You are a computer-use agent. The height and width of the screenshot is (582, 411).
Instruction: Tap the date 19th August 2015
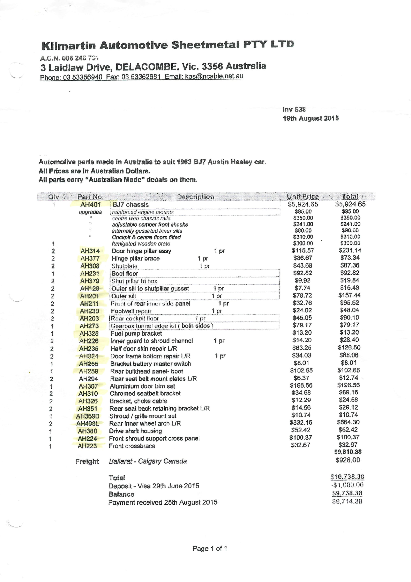311,118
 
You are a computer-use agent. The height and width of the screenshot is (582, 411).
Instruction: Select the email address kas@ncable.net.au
214,76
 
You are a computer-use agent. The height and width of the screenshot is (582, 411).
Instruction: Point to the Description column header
195,197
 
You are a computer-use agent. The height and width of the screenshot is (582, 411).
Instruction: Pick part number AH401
90,204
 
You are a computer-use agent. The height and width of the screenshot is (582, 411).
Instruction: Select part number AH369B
88,416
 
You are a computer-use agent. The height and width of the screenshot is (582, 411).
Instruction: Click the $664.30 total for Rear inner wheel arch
348,422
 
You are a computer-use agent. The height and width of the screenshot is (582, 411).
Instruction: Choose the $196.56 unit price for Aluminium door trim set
301,386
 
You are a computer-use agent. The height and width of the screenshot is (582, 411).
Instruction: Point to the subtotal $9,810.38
348,452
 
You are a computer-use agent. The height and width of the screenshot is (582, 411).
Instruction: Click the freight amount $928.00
348,460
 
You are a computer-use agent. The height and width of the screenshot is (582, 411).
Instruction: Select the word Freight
87,461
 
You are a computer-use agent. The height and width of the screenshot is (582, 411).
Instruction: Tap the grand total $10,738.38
347,477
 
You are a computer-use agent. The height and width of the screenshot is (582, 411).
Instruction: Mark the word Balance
121,494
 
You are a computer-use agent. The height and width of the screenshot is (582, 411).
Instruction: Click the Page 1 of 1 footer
209,548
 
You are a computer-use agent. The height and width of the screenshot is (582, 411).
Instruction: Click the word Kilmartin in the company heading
69,46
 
